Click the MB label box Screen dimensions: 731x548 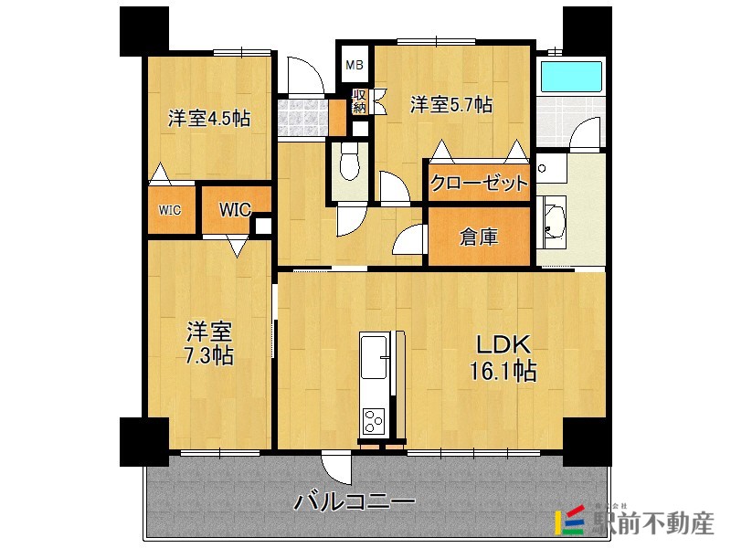[x=355, y=65]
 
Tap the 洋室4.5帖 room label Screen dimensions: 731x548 [x=209, y=119]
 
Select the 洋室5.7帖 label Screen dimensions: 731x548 [x=450, y=104]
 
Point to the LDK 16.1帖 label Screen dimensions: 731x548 [x=503, y=358]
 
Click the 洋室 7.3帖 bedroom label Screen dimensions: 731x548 [x=209, y=343]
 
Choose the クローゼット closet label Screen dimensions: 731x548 [x=479, y=183]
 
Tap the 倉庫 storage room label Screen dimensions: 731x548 [x=479, y=237]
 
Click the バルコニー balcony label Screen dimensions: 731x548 [x=355, y=501]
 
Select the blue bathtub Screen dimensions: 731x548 [x=572, y=77]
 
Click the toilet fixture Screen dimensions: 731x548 [x=349, y=161]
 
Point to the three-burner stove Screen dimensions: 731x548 [x=375, y=421]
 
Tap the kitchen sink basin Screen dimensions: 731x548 [x=374, y=356]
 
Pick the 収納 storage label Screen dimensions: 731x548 [x=359, y=101]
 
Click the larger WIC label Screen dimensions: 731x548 [x=236, y=210]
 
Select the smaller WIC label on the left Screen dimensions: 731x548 [x=170, y=211]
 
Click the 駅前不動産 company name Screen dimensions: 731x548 [x=653, y=522]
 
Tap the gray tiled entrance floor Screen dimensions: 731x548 [x=303, y=118]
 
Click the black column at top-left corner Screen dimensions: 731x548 [x=144, y=32]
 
